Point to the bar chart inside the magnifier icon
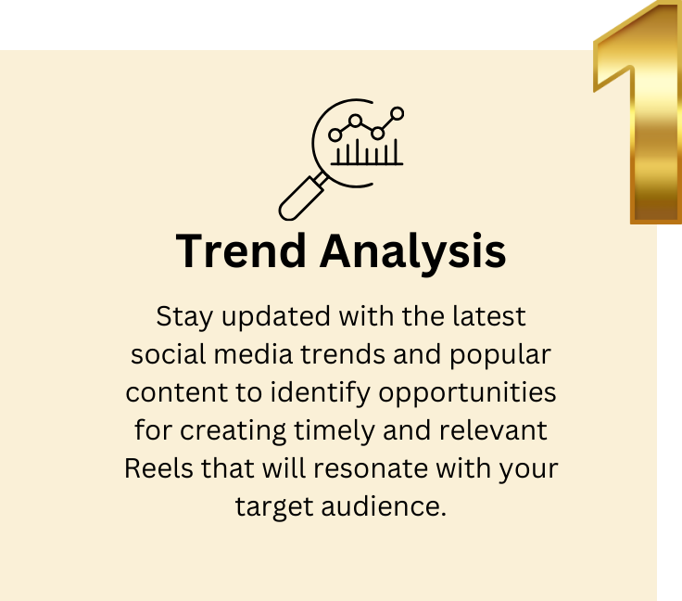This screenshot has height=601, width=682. point(367,151)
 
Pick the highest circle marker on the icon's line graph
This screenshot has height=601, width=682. point(398,113)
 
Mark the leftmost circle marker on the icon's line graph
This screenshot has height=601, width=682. point(335,135)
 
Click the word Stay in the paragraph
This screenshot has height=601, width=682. point(180,316)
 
